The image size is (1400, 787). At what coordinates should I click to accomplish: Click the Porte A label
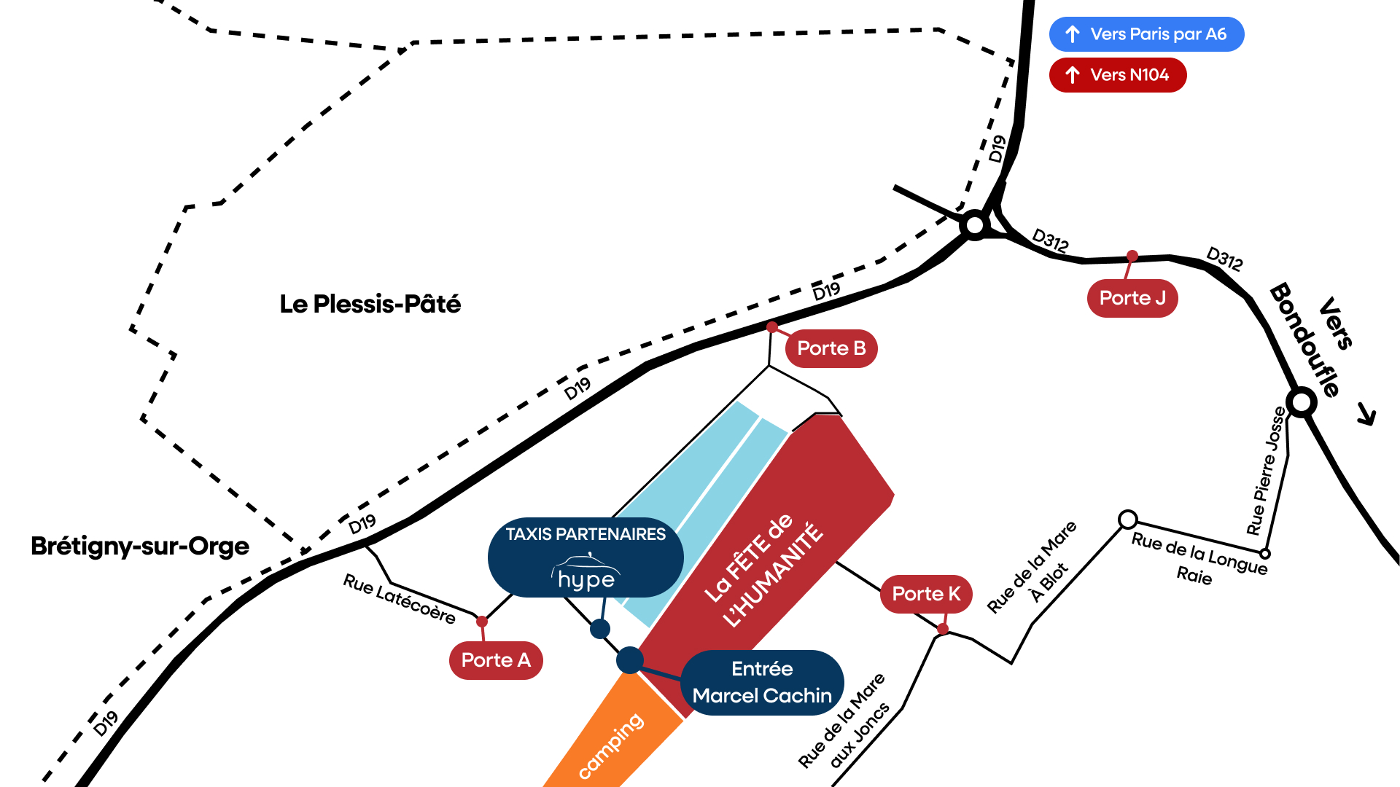point(496,660)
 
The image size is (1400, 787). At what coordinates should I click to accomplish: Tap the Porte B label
point(831,348)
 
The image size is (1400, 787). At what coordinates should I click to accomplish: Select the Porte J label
point(1132,298)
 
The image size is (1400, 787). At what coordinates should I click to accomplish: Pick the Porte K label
point(926,594)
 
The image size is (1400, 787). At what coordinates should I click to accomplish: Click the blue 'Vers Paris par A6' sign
point(1146,34)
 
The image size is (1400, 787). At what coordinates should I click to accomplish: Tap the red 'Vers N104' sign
point(1118,75)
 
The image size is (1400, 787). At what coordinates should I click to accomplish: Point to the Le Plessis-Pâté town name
point(370,304)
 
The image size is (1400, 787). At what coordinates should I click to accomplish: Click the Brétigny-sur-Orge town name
point(140,546)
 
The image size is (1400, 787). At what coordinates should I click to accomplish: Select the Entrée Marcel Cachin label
point(762,683)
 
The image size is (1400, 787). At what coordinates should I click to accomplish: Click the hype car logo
point(586,573)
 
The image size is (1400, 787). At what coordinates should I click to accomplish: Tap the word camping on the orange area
point(611,745)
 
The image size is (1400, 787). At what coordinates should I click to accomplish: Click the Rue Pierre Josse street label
point(1267,471)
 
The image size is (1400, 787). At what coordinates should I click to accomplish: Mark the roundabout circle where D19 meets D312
point(975,225)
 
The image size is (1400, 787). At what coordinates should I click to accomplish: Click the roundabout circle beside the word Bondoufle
point(1302,402)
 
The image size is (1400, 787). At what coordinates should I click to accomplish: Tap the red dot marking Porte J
point(1132,256)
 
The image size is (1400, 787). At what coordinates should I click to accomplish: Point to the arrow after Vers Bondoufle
point(1366,415)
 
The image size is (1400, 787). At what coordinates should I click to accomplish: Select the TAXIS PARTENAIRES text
point(586,534)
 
